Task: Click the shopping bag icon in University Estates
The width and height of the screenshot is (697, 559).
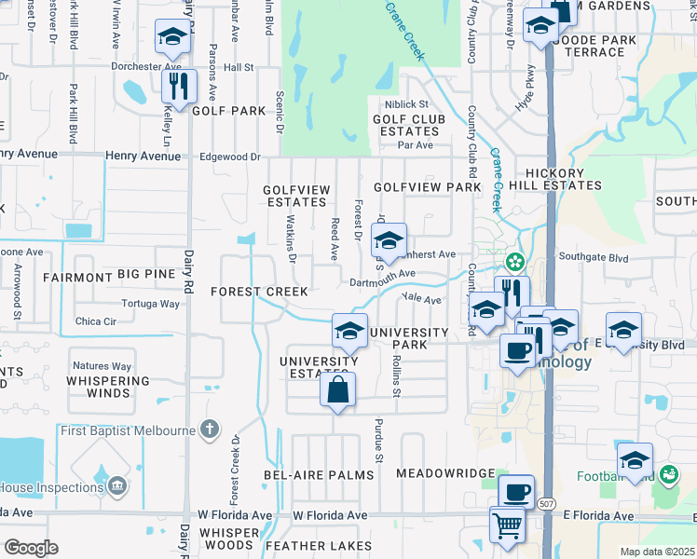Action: click(338, 389)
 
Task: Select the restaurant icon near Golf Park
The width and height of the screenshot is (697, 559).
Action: click(177, 87)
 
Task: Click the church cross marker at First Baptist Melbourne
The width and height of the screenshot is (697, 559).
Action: click(211, 429)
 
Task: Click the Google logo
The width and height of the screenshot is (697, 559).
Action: click(31, 548)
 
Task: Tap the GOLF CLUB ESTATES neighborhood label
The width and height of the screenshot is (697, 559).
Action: click(409, 125)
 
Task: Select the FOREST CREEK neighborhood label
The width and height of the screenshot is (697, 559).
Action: click(259, 292)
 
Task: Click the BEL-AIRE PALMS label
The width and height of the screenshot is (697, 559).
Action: click(332, 474)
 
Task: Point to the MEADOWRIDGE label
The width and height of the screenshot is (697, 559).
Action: click(445, 473)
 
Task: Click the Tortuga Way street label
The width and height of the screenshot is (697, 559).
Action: click(151, 304)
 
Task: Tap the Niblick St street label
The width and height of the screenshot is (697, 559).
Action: click(407, 104)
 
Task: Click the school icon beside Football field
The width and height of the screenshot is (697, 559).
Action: click(635, 459)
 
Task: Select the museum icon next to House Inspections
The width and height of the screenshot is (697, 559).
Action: click(117, 486)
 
